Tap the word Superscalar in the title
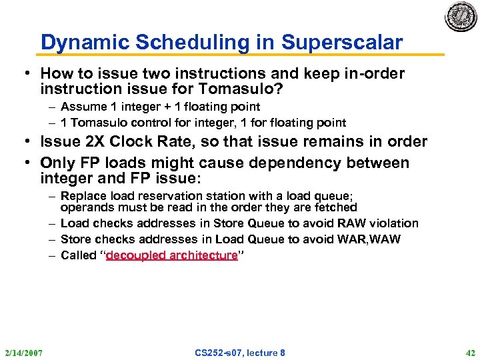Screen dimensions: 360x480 tap(342, 43)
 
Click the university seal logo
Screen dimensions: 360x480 tap(461, 17)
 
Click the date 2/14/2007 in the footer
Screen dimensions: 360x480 tap(23, 352)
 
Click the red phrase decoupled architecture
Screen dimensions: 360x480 tap(171, 255)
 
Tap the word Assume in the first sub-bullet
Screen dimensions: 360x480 tap(83, 106)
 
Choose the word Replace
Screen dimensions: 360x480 tap(83, 195)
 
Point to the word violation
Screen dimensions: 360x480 tap(394, 223)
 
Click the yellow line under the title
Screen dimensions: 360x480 tap(240, 55)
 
